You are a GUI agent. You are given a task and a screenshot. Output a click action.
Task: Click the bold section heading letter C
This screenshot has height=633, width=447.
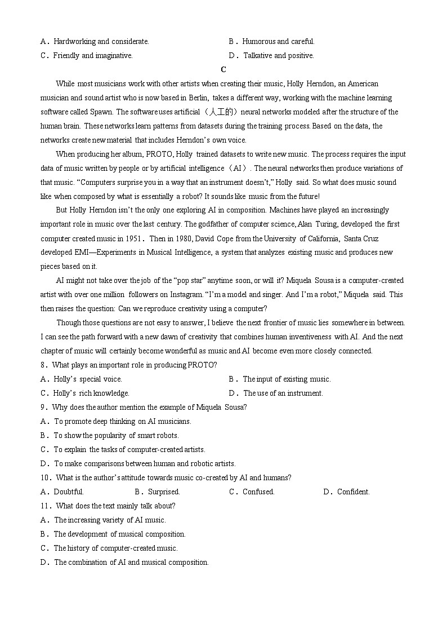point(223,70)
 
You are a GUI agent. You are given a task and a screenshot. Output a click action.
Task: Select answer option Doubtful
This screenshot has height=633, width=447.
point(69,492)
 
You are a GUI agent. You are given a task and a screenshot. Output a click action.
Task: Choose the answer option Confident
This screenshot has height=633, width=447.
point(353,492)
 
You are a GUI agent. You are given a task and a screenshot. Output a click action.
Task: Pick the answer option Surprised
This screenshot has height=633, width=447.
point(163,492)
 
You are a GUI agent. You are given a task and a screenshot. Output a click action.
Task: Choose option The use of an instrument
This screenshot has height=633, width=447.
point(283,393)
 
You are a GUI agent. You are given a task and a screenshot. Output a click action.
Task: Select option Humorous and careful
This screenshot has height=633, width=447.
point(278,42)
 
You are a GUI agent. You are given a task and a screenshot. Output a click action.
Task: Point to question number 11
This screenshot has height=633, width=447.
point(46,506)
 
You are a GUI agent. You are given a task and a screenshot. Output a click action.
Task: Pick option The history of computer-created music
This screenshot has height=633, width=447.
point(115,548)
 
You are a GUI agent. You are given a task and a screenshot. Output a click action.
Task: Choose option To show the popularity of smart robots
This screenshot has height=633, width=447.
point(116,436)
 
